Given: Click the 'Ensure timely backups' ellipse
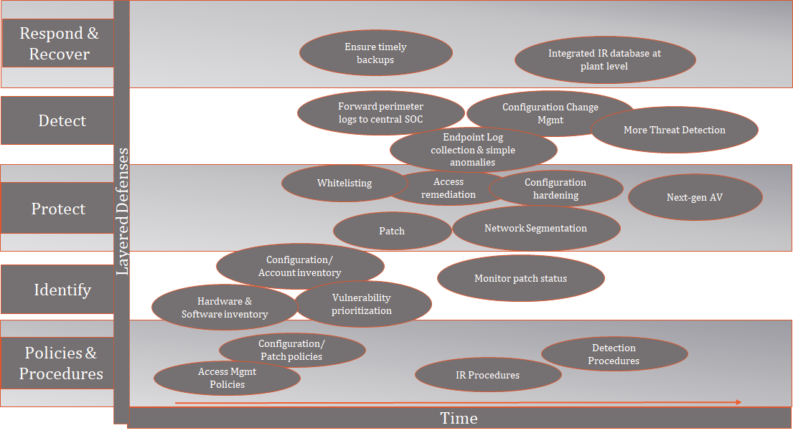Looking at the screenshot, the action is [376, 53].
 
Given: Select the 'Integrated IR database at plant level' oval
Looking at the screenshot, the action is [605, 59].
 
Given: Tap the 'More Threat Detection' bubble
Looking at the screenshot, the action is [674, 130].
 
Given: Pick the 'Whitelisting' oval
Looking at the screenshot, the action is [344, 183].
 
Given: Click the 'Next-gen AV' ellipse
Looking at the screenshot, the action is [695, 197].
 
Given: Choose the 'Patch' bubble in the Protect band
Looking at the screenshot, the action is [392, 231].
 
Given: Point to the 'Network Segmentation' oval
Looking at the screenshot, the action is [536, 229].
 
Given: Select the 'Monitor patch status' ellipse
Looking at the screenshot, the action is [520, 278].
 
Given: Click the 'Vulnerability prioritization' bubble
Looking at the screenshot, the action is [362, 304].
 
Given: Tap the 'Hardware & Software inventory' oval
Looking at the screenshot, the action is [225, 308].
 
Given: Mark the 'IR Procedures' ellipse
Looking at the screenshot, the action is [488, 375].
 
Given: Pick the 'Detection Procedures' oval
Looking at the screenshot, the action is [614, 354].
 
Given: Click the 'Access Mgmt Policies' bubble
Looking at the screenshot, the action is [227, 378].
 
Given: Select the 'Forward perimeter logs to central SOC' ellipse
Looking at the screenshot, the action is [380, 113].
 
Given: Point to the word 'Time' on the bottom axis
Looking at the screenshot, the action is [459, 419].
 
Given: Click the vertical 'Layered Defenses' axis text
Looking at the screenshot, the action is [123, 211].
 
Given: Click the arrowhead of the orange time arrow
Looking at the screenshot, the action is [739, 402].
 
